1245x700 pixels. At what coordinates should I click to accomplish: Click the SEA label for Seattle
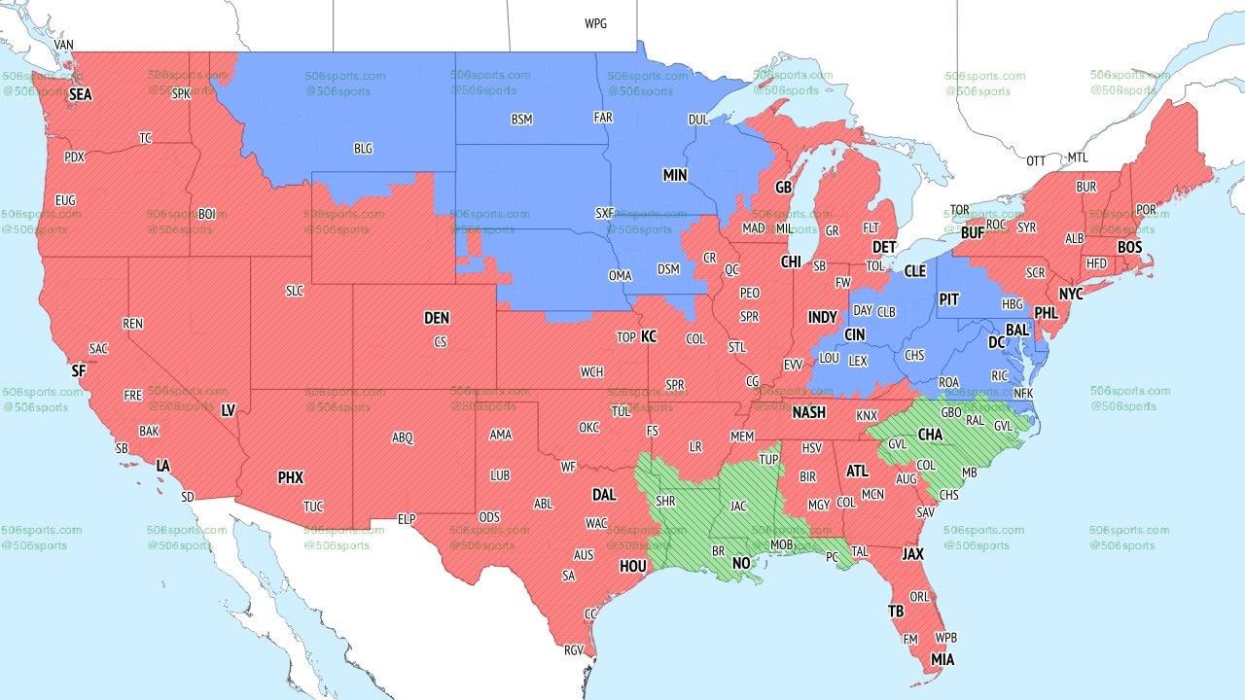pos(81,94)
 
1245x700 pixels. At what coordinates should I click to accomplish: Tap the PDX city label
pos(74,157)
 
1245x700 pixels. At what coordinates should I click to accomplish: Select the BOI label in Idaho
pos(207,213)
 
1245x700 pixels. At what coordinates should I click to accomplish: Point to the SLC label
pos(294,290)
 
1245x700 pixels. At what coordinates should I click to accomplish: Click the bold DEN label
pos(437,318)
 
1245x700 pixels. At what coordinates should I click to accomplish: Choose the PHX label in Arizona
pos(290,477)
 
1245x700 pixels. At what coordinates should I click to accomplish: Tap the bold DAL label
pos(604,494)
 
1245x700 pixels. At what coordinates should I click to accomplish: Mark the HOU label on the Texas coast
pos(633,566)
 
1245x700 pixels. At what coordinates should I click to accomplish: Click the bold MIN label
pos(675,175)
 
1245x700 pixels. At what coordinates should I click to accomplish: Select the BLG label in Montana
pos(363,149)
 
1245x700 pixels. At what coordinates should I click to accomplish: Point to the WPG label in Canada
pos(595,23)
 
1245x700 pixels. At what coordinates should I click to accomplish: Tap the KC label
pos(649,336)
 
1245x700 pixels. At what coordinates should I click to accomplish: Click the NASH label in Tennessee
pos(808,412)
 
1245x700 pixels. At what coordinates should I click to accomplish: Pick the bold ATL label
pos(857,471)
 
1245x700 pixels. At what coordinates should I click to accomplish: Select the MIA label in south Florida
pos(942,660)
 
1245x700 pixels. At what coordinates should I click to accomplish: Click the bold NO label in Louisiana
pos(741,563)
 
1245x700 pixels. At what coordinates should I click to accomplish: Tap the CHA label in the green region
pos(930,434)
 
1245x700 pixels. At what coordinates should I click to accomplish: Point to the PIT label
pos(949,299)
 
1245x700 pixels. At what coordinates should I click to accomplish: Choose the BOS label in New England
pos(1129,248)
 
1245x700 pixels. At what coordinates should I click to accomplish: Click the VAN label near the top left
pos(64,45)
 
